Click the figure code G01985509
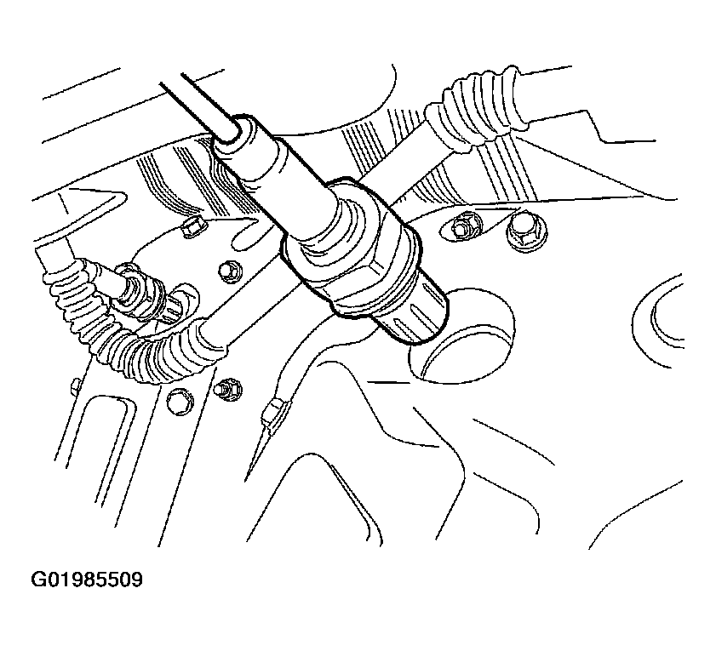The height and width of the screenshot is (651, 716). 86,580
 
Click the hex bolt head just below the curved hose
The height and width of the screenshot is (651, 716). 179,402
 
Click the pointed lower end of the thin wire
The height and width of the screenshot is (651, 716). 247,479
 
